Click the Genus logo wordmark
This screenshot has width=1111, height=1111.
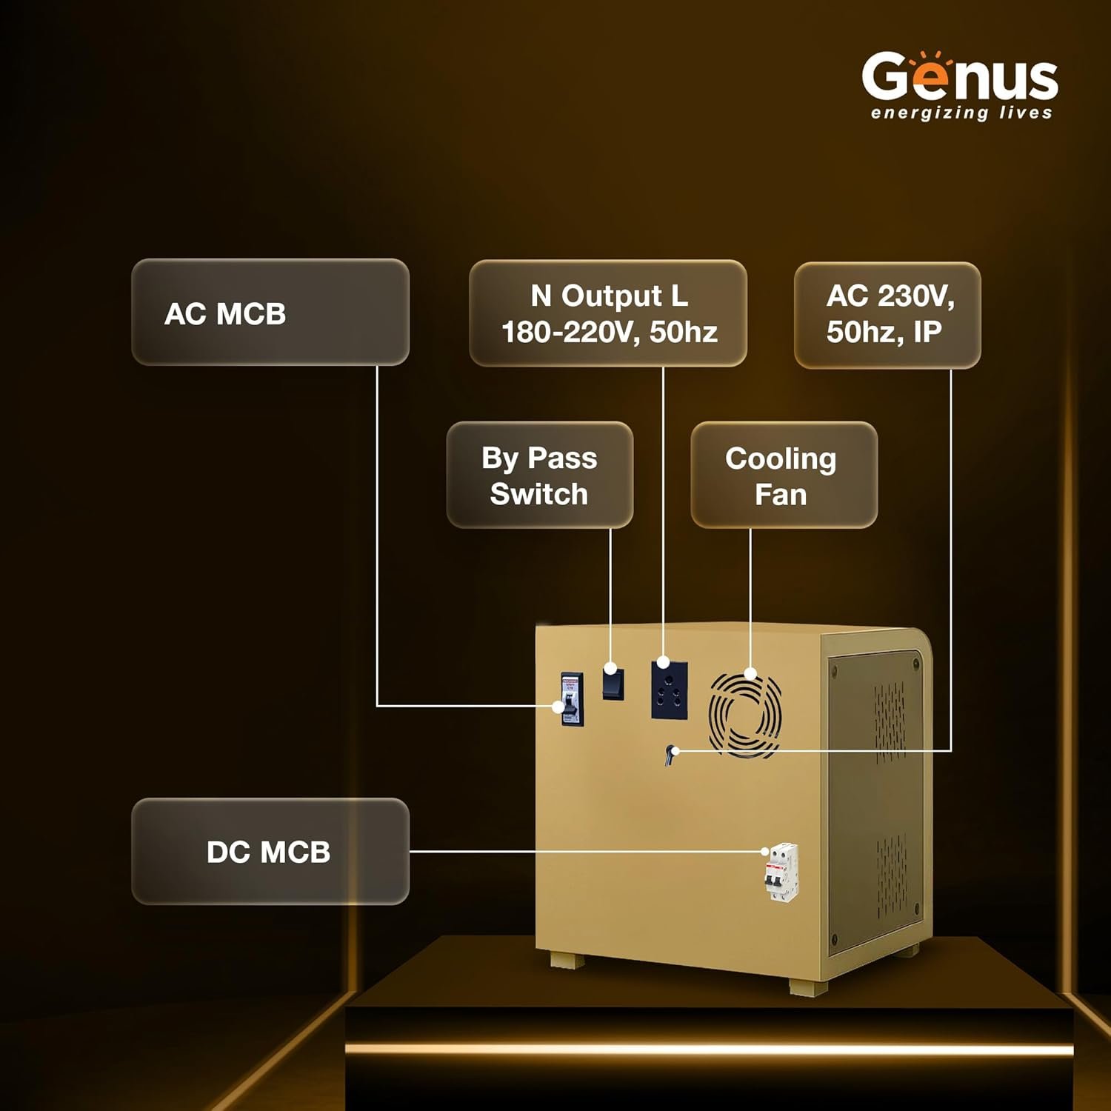960,78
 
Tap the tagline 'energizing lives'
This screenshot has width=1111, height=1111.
961,113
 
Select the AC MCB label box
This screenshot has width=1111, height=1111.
270,312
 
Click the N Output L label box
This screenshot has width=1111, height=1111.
608,313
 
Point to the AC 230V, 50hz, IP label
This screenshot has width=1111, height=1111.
887,315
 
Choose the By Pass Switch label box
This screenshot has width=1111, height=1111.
539,475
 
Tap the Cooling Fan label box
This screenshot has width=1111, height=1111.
784,475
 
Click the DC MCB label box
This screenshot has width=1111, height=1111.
270,851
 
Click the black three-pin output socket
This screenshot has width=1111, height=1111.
670,690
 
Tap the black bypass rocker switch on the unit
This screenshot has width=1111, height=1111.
613,682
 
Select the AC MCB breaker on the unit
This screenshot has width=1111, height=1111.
571,699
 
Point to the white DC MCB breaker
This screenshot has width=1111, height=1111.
781,872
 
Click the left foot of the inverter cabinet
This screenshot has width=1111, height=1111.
567,961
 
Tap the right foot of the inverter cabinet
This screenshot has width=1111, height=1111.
808,987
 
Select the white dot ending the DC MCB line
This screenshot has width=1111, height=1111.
767,852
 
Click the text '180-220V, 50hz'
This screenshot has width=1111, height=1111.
610,332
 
